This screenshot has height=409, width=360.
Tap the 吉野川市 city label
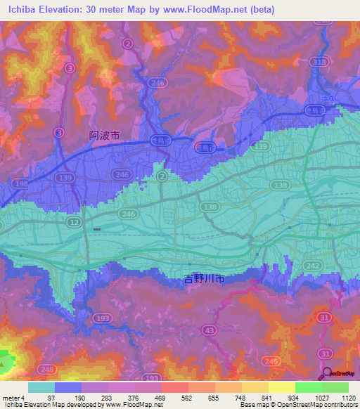[203, 279]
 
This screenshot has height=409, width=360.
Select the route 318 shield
[321, 61]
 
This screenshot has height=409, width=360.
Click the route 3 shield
[69, 67]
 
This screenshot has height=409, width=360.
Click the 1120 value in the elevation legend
[345, 398]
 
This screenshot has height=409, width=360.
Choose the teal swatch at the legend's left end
[41, 387]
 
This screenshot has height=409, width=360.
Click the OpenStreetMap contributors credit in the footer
[315, 405]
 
